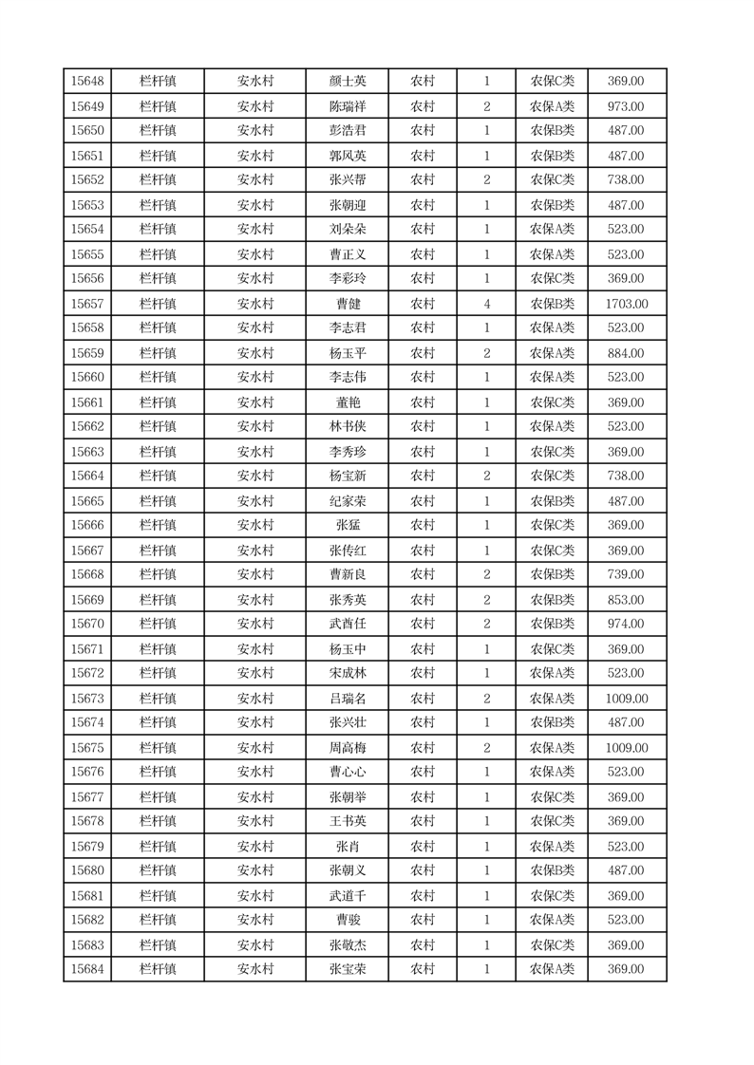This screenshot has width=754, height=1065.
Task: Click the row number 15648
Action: (x=87, y=82)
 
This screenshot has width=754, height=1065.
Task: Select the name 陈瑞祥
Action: (x=347, y=106)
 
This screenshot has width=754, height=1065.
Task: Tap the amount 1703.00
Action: (x=626, y=304)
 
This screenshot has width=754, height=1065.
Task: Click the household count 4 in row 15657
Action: (x=487, y=304)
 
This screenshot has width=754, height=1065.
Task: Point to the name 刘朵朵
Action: (x=347, y=230)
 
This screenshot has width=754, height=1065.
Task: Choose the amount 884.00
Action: (x=626, y=353)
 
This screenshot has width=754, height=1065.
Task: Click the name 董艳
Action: (x=347, y=402)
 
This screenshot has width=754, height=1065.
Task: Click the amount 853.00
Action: (x=626, y=600)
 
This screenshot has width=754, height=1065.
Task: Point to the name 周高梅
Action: (x=347, y=748)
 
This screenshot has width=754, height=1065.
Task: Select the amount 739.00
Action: (x=626, y=575)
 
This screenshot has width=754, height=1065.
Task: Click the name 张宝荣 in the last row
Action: (x=347, y=969)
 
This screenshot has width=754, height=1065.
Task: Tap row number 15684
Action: (x=87, y=969)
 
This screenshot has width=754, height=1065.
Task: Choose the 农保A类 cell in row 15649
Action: (x=552, y=106)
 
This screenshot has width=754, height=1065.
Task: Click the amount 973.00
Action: (x=626, y=106)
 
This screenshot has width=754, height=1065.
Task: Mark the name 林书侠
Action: (x=347, y=427)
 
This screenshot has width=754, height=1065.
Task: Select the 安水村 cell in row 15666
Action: (x=255, y=526)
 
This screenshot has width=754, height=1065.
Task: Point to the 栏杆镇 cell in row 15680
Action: (x=158, y=870)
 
